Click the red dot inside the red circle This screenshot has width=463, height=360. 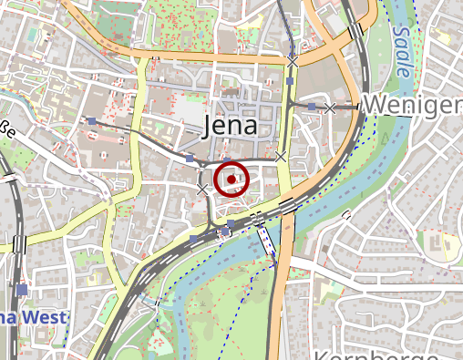coord(232,180)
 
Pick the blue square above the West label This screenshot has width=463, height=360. coord(21,289)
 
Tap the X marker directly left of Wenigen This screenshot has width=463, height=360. coord(330,108)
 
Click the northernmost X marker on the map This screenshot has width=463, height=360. coord(292,59)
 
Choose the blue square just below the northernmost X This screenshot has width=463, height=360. coord(291,82)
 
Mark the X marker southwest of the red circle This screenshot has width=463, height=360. coord(202,189)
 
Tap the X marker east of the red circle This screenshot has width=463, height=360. coord(281,157)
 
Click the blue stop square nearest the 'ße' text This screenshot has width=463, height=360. coord(92,121)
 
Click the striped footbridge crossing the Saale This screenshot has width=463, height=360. coord(268,240)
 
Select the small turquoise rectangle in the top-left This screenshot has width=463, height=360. coord(34,39)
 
